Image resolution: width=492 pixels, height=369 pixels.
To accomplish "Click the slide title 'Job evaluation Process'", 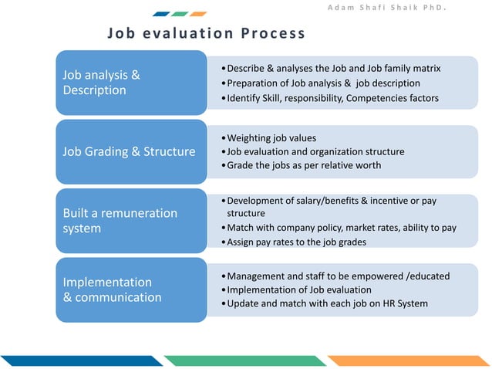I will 206,33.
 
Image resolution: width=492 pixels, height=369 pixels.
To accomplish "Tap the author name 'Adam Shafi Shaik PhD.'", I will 399,9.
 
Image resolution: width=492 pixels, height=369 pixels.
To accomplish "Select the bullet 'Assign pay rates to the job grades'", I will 296,242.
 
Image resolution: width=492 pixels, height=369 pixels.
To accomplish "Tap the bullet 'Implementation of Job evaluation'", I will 298,289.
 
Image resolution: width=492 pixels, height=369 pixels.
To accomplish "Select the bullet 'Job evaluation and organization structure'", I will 315,151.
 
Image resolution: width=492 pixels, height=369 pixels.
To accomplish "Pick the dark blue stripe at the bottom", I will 77,361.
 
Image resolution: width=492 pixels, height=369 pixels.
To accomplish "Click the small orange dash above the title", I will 198,14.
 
